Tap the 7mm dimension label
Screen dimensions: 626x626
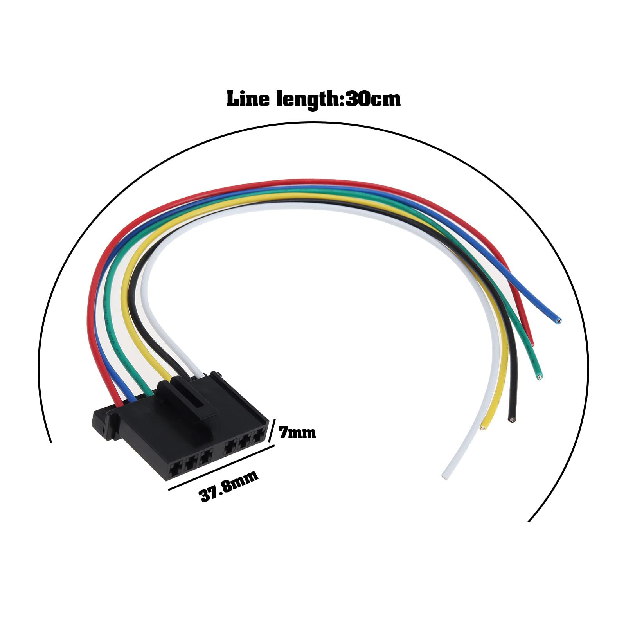coord(297,433)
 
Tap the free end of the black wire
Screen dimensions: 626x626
coord(511,419)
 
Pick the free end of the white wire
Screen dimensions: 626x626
coord(444,477)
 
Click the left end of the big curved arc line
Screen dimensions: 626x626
coord(51,441)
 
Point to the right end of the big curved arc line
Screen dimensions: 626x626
coord(529,521)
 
